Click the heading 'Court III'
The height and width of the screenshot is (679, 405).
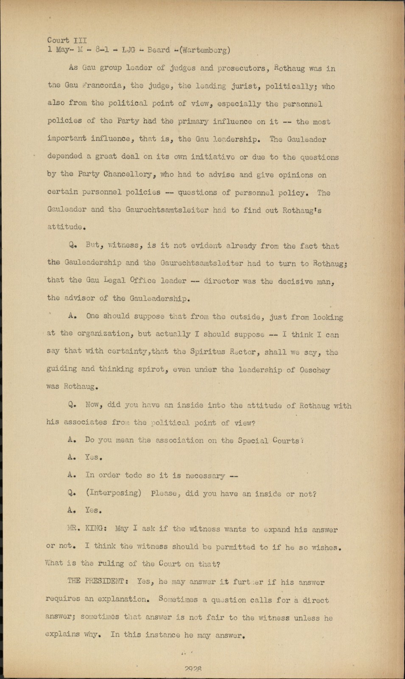click(x=67, y=40)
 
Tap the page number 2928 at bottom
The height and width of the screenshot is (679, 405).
click(x=193, y=668)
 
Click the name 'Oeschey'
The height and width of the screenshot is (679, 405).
click(x=314, y=370)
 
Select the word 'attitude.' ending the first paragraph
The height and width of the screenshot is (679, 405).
click(x=64, y=227)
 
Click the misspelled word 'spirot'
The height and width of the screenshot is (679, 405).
click(x=148, y=370)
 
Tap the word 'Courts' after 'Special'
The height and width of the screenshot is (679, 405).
click(x=287, y=441)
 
